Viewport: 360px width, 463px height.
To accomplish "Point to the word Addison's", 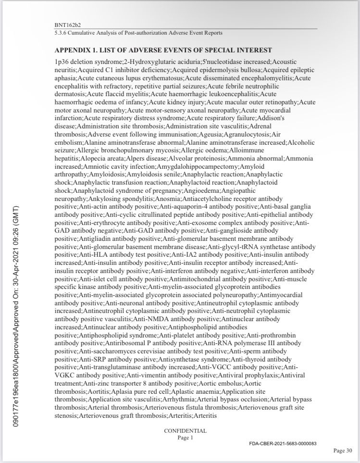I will coord(273,118).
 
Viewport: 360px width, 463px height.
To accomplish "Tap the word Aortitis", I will coord(98,391).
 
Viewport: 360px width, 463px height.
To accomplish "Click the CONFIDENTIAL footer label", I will coord(185,431).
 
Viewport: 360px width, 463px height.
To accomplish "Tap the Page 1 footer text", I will coord(185,438).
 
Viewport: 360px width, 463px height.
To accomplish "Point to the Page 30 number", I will coord(343,450).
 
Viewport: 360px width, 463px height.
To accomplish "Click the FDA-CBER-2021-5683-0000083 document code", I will coord(283,443).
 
